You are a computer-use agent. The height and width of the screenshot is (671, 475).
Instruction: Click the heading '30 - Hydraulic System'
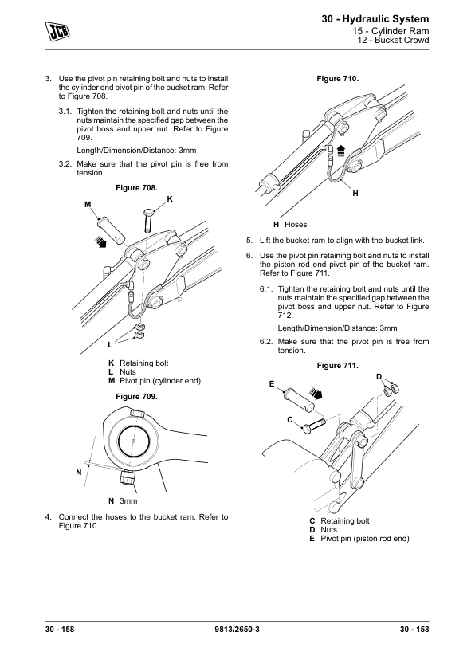click(375, 19)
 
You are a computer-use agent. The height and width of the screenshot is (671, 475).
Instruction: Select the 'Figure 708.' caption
click(136, 188)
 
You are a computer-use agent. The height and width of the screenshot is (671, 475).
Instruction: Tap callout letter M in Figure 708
click(88, 205)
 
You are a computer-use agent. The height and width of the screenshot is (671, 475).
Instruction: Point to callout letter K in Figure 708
click(170, 199)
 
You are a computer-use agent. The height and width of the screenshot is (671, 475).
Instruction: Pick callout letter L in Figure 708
click(110, 344)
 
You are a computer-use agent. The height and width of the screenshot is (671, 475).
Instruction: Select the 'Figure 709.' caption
click(136, 397)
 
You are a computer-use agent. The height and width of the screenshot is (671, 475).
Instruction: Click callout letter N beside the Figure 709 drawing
click(79, 473)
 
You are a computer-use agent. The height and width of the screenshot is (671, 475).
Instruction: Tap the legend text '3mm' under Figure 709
click(128, 501)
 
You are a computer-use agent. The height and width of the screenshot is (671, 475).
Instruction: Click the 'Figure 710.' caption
click(338, 79)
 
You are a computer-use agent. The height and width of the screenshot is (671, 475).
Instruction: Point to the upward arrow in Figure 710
click(340, 151)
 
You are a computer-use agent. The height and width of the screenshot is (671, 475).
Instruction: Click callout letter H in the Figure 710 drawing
click(355, 194)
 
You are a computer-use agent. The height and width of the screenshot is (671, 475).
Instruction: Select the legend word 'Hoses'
click(296, 225)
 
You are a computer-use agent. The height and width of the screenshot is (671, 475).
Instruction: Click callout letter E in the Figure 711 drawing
click(272, 384)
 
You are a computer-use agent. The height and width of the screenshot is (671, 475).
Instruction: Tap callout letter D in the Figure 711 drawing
click(379, 377)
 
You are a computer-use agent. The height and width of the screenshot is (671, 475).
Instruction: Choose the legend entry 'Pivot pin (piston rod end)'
click(365, 539)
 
